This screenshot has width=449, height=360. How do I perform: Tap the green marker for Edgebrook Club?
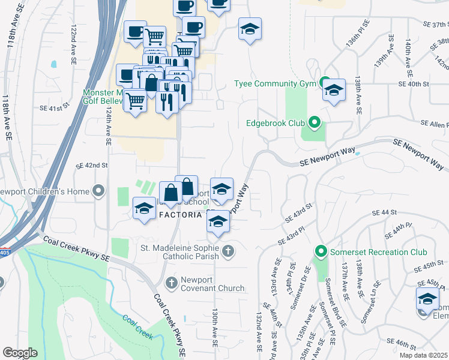(x=314, y=124)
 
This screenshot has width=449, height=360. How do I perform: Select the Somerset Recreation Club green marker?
(x=321, y=252)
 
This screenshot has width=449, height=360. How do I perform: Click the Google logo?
(x=20, y=353)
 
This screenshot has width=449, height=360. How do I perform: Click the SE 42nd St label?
(x=91, y=165)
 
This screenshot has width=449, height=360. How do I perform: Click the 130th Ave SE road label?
(x=214, y=328)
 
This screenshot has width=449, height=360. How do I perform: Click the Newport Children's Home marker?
(x=99, y=191)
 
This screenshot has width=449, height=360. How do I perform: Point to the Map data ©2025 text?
(x=424, y=355)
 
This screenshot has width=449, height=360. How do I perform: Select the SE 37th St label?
(x=436, y=25)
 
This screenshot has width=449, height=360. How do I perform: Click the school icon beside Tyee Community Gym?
(x=334, y=91)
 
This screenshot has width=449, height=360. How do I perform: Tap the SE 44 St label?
(x=385, y=213)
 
